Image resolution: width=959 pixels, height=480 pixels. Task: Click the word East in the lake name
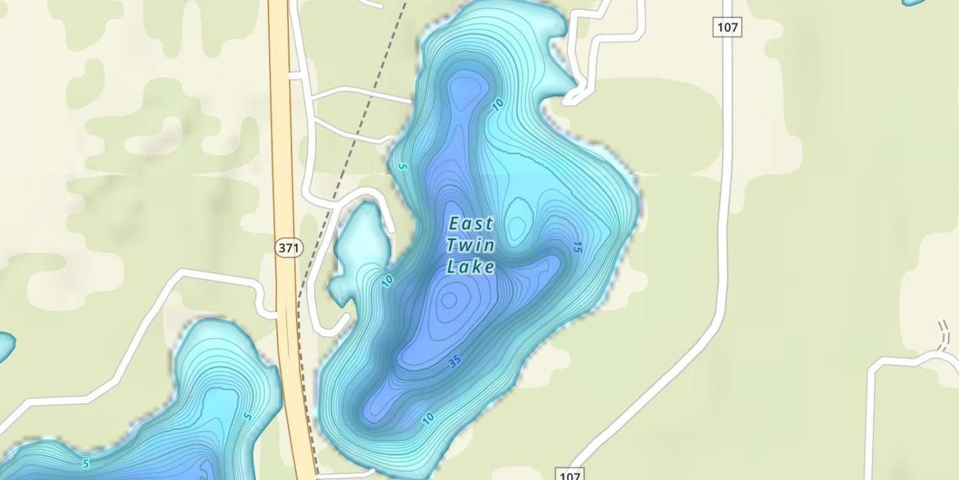pyautogui.click(x=471, y=224)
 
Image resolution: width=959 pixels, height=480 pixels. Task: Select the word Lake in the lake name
pyautogui.click(x=471, y=266)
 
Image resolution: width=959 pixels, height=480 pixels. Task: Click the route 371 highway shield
pyautogui.click(x=288, y=248)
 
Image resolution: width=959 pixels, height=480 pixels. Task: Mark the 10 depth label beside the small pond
pyautogui.click(x=387, y=281)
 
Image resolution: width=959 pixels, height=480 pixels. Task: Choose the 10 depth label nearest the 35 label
pyautogui.click(x=428, y=419)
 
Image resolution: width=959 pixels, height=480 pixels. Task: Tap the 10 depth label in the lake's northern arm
pyautogui.click(x=499, y=104)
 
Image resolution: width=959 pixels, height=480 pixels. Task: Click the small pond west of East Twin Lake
pyautogui.click(x=359, y=246)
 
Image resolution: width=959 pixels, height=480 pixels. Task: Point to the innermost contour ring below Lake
pyautogui.click(x=449, y=299)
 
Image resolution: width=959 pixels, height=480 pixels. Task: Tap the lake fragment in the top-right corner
pyautogui.click(x=914, y=3)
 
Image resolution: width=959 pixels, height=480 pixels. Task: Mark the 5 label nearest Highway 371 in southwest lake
pyautogui.click(x=247, y=417)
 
